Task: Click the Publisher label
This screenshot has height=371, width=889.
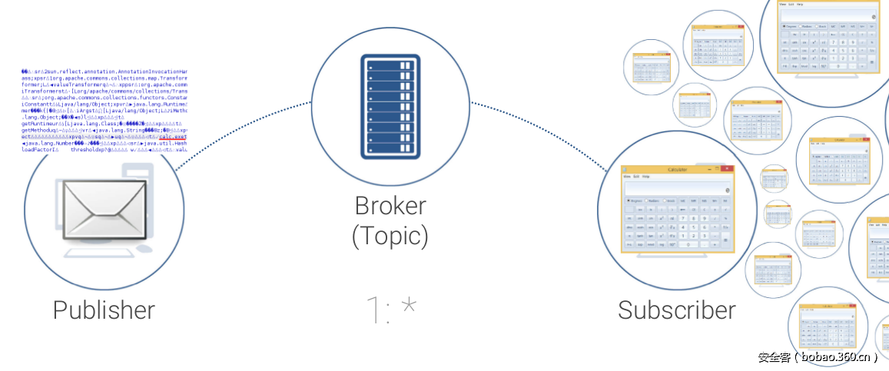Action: pyautogui.click(x=104, y=310)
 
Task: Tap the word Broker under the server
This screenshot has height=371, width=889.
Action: pyautogui.click(x=390, y=206)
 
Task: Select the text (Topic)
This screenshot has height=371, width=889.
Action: pyautogui.click(x=390, y=235)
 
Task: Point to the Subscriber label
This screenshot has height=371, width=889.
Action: pyautogui.click(x=676, y=310)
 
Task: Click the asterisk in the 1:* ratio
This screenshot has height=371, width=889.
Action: pyautogui.click(x=409, y=308)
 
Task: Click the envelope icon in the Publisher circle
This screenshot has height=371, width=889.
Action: pyautogui.click(x=104, y=210)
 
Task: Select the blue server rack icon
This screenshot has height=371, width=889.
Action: pyautogui.click(x=390, y=107)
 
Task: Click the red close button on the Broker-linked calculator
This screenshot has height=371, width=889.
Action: pyautogui.click(x=726, y=169)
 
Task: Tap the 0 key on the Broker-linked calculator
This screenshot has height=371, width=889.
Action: pyautogui.click(x=688, y=245)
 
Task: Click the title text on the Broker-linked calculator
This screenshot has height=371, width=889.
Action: pyautogui.click(x=677, y=169)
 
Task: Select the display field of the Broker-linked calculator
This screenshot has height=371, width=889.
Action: pyautogui.click(x=677, y=188)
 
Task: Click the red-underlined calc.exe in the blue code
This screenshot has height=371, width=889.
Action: pyautogui.click(x=170, y=137)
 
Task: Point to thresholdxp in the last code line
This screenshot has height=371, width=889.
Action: pyautogui.click(x=92, y=150)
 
